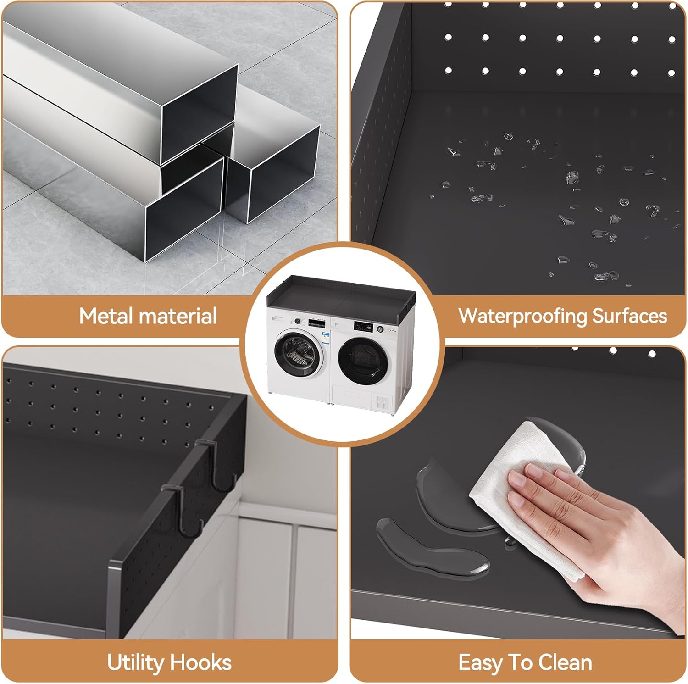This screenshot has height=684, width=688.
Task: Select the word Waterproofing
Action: click(x=522, y=317)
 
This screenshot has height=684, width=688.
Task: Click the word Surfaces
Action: click(x=630, y=316)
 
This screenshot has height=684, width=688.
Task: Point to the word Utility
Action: click(x=135, y=663)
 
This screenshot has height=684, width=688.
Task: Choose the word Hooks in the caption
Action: click(x=201, y=663)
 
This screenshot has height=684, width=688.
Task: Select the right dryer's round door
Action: click(x=361, y=361)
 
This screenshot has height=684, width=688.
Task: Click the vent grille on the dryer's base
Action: click(x=383, y=402)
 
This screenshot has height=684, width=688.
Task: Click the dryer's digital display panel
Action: click(x=362, y=326)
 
